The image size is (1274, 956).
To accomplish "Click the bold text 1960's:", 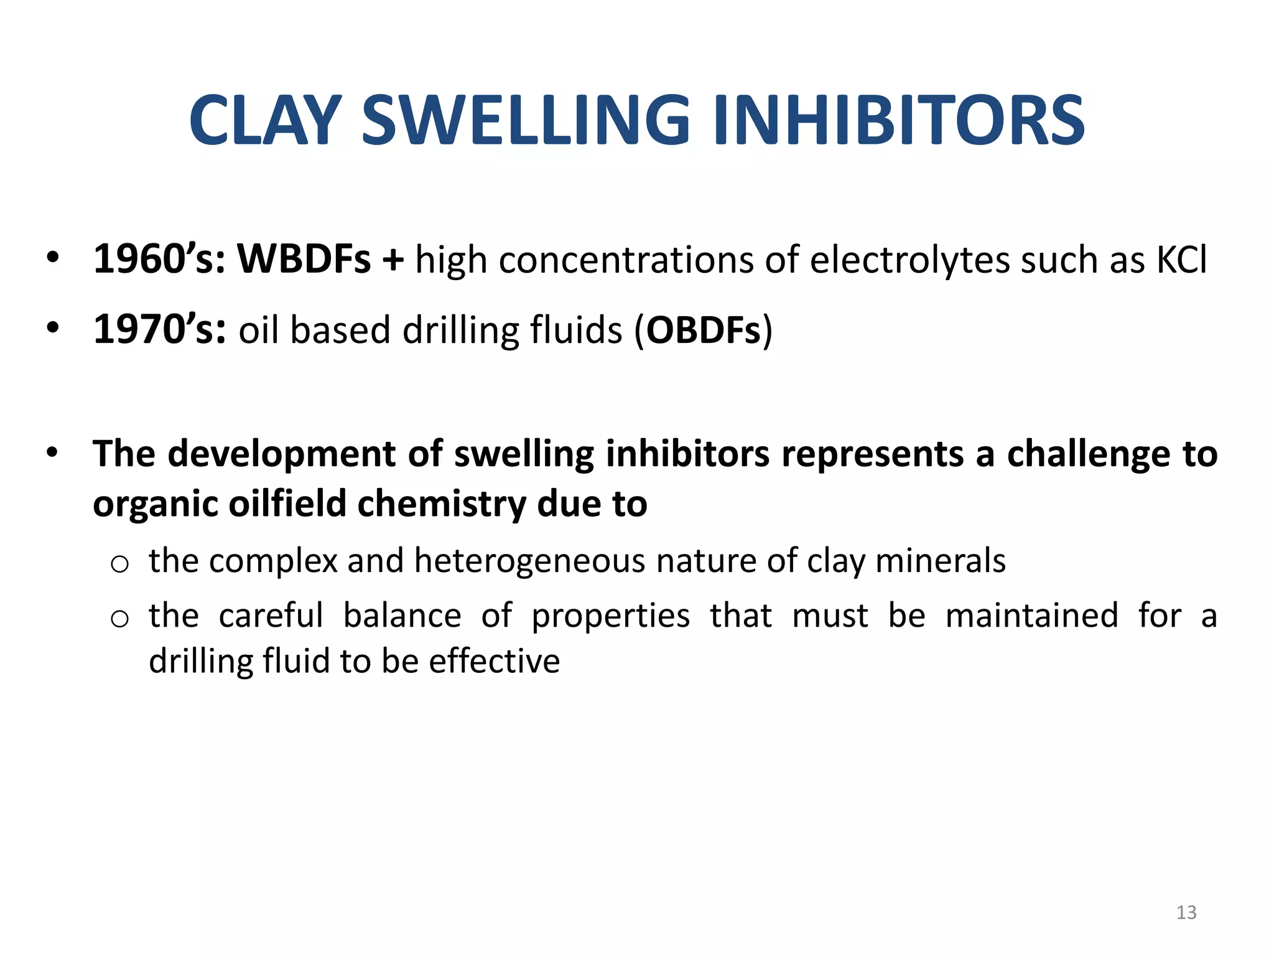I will tap(159, 259).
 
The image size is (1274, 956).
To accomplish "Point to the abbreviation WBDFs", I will tap(304, 259).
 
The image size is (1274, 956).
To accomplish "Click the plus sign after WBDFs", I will tap(393, 260).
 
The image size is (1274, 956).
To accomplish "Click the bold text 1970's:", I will tap(159, 329).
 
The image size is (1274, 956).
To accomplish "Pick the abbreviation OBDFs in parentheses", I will tap(704, 330).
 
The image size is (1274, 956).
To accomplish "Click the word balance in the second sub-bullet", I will tap(402, 616).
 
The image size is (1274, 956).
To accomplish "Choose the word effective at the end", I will tap(495, 661).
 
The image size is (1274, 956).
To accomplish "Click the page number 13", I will tap(1186, 912).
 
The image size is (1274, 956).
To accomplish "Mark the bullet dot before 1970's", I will tap(53, 327).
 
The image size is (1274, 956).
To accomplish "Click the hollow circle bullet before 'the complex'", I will tap(119, 564).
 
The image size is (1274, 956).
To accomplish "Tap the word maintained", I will tap(1032, 616).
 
